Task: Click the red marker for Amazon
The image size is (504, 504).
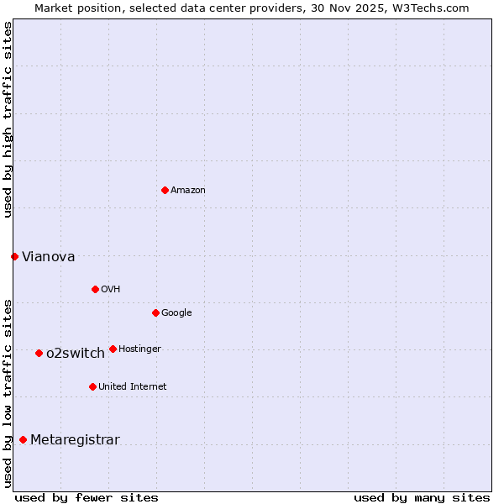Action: click(165, 190)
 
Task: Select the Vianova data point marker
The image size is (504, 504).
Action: click(14, 256)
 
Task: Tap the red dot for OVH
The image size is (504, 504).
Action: click(95, 289)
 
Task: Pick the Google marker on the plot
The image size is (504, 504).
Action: click(155, 312)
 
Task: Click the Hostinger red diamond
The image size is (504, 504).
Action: click(113, 349)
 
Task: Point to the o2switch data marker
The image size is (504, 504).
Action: click(39, 353)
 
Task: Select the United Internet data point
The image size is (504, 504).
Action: click(92, 386)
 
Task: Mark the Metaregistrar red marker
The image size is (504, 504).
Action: click(23, 439)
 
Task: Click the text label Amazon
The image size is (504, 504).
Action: click(188, 191)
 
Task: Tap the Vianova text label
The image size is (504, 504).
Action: click(48, 257)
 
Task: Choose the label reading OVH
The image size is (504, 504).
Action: click(110, 290)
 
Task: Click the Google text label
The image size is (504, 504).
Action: click(176, 313)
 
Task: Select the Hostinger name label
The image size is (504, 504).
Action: click(139, 349)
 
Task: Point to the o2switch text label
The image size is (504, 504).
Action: click(76, 354)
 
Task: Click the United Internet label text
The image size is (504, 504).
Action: click(132, 387)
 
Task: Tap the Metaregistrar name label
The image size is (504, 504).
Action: click(75, 440)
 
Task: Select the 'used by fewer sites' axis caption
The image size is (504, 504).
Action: click(87, 497)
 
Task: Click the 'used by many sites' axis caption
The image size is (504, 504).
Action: click(422, 497)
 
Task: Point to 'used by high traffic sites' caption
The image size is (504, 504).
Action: click(8, 119)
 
